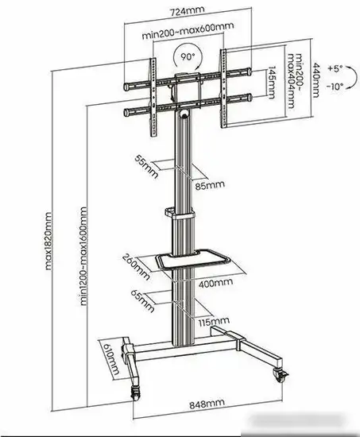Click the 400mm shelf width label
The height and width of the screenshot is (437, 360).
click(x=215, y=281)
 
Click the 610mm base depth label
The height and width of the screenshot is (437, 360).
click(x=109, y=362)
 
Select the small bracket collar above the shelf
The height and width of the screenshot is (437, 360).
click(x=180, y=213)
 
